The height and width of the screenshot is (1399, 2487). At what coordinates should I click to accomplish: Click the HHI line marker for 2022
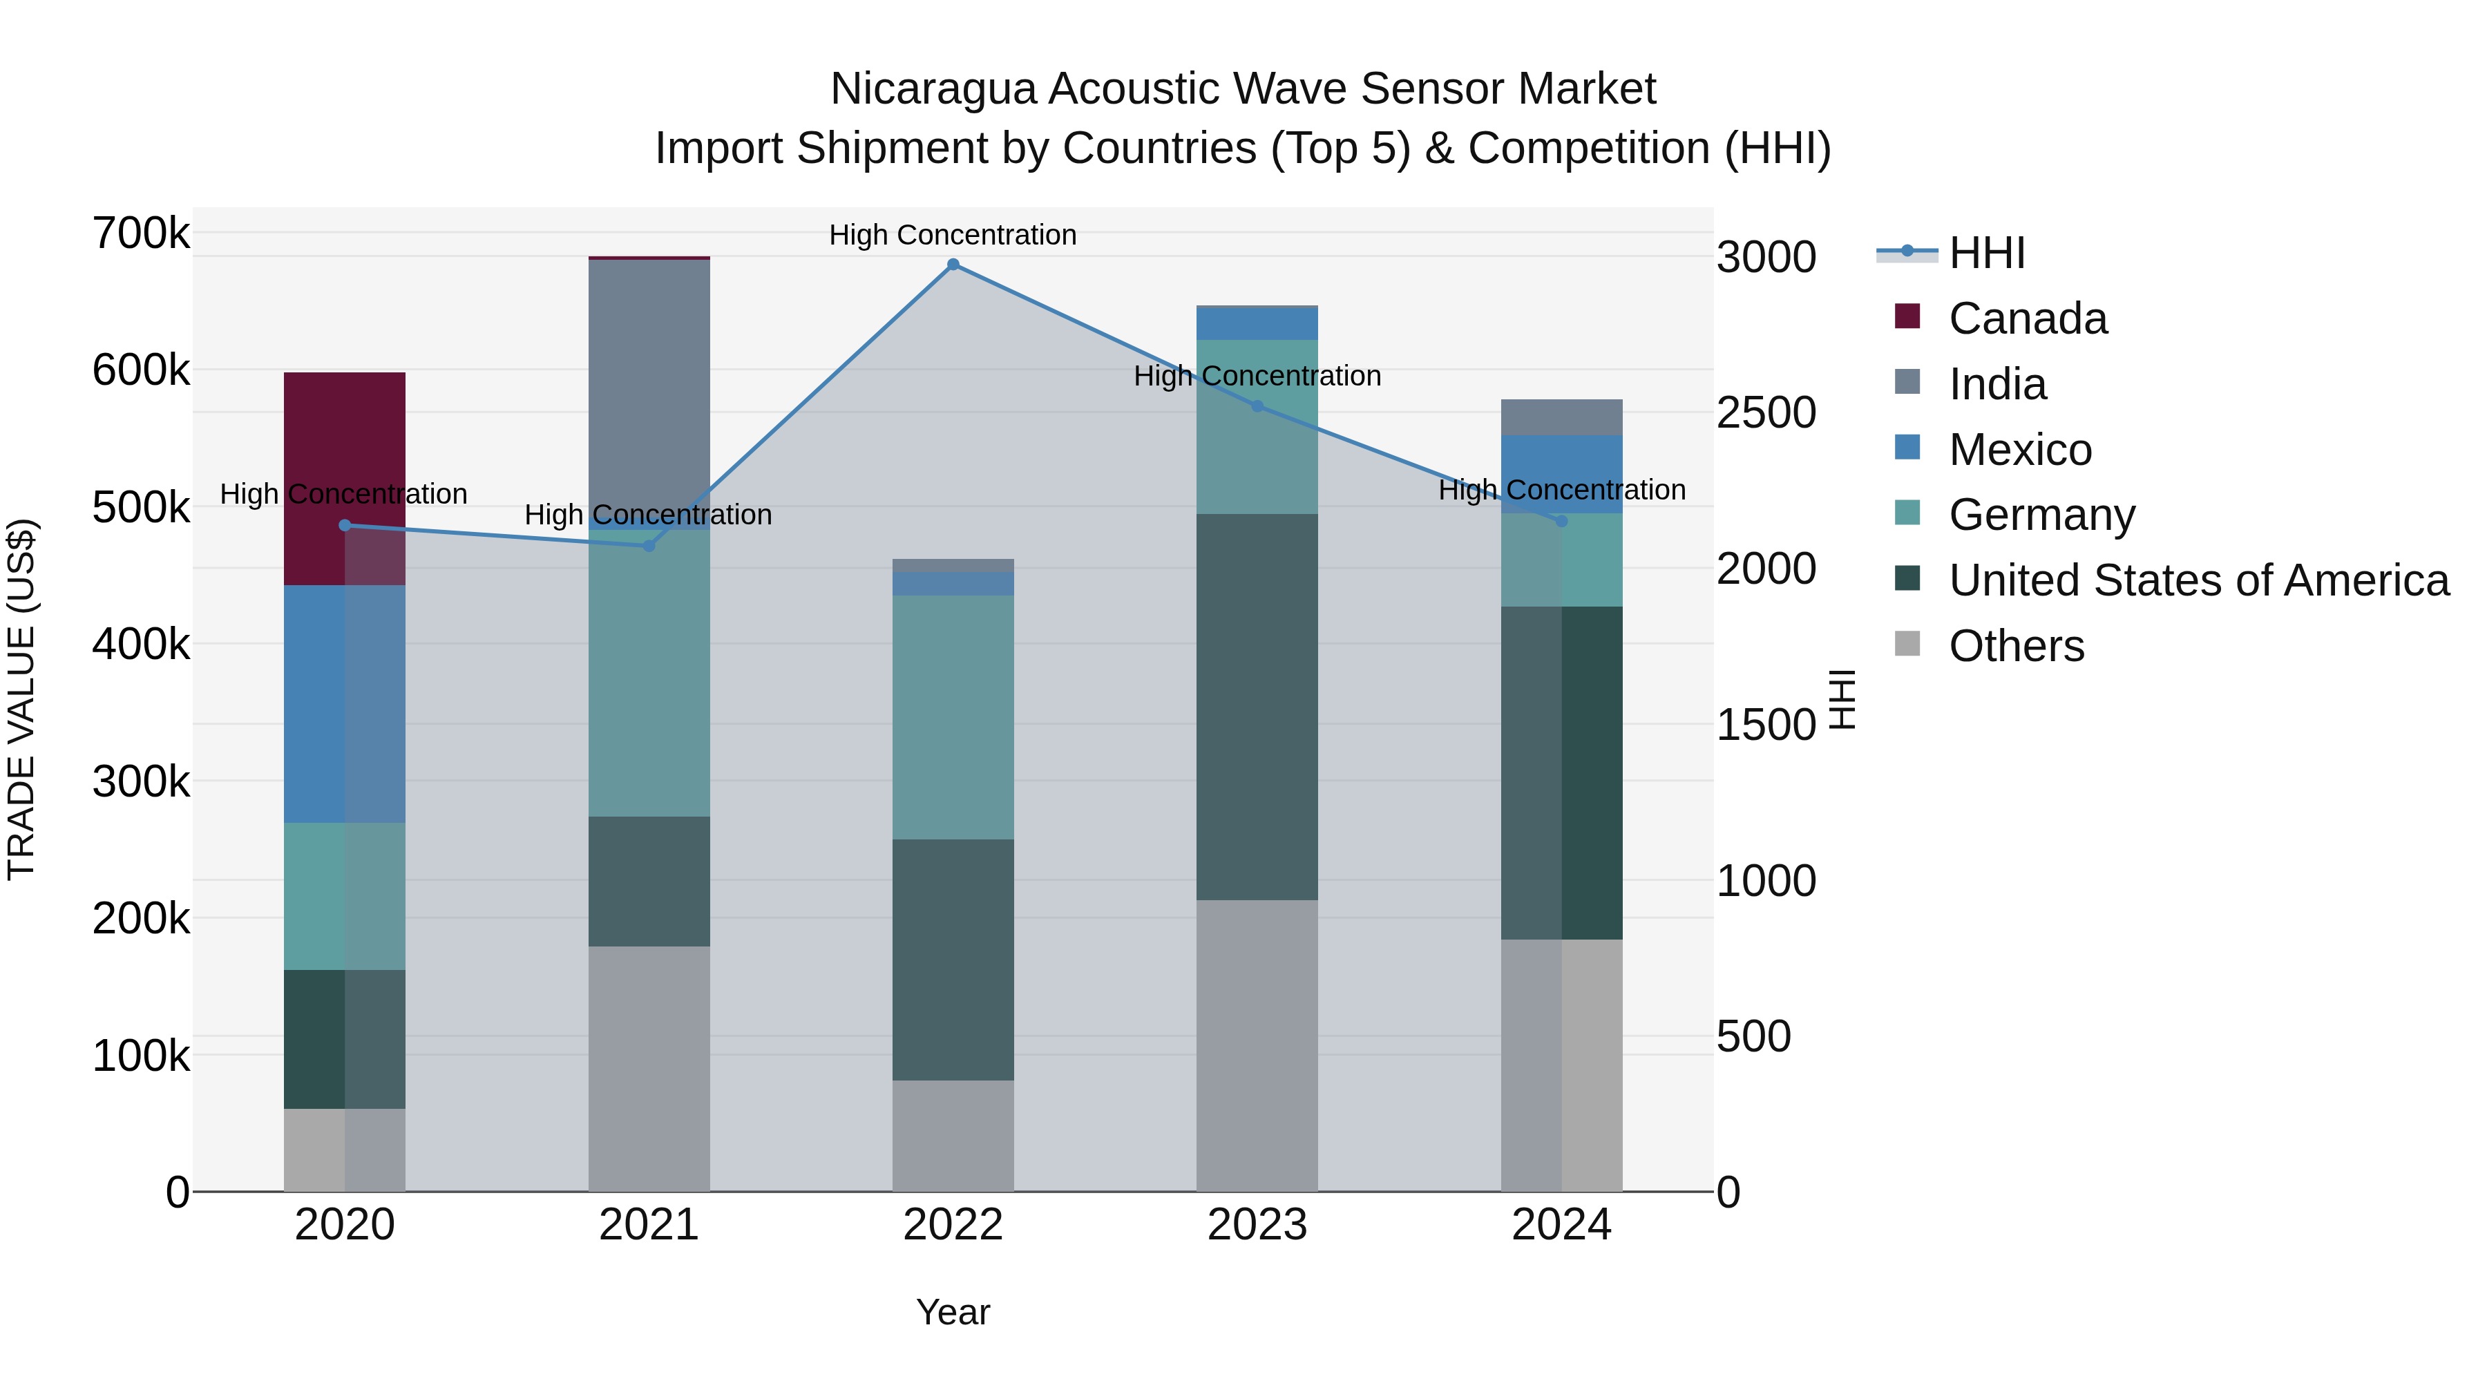click(953, 265)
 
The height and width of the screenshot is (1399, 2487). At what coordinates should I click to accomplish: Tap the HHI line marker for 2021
click(649, 546)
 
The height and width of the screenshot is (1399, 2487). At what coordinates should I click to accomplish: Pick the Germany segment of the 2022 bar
click(953, 716)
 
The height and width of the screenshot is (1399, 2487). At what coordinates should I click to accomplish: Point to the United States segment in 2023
click(1257, 707)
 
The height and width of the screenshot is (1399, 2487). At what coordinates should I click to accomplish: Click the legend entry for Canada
click(2028, 318)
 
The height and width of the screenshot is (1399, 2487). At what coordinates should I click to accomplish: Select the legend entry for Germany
click(2041, 515)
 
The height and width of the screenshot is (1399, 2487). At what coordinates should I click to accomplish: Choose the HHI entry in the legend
click(1986, 253)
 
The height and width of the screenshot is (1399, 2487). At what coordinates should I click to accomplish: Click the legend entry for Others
click(2016, 646)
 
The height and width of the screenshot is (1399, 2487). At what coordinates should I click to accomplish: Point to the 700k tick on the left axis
click(141, 234)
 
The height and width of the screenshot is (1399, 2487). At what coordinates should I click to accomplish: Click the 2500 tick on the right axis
click(1766, 413)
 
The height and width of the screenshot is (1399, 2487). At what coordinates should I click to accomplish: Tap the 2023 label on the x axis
click(1257, 1225)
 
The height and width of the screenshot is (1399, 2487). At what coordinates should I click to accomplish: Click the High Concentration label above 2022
click(952, 235)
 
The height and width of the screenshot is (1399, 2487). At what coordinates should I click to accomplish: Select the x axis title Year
click(952, 1312)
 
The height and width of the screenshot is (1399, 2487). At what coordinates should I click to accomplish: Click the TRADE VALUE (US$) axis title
click(21, 699)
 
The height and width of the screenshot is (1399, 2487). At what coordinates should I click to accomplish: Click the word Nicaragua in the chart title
click(933, 89)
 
